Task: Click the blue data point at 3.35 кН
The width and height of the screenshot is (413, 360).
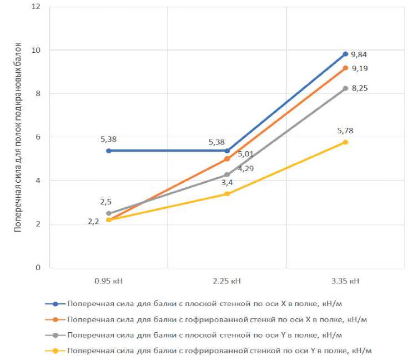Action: [345, 54]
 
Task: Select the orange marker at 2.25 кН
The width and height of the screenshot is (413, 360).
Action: [227, 159]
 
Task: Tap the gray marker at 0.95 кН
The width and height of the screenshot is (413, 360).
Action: [108, 213]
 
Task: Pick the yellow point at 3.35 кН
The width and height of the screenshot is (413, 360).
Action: [345, 142]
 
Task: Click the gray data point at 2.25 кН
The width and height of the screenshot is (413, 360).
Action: [227, 174]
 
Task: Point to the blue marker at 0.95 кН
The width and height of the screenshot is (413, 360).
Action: [108, 151]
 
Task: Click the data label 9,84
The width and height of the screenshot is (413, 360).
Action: [359, 55]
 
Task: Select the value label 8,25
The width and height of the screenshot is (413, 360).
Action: [359, 88]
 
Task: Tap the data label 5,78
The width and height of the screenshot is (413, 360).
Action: [345, 131]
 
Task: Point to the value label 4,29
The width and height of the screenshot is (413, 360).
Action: [246, 168]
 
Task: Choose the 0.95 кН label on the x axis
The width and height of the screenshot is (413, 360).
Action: [108, 281]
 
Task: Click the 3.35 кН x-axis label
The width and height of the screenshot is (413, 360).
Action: [345, 281]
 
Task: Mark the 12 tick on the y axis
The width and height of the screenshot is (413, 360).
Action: [37, 7]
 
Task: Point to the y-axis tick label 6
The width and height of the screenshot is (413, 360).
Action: [38, 137]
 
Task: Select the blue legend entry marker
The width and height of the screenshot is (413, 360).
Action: [56, 304]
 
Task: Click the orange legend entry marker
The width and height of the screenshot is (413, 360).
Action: [56, 319]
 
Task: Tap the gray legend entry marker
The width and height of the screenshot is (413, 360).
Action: [56, 335]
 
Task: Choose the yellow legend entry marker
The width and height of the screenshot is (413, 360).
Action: [56, 351]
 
